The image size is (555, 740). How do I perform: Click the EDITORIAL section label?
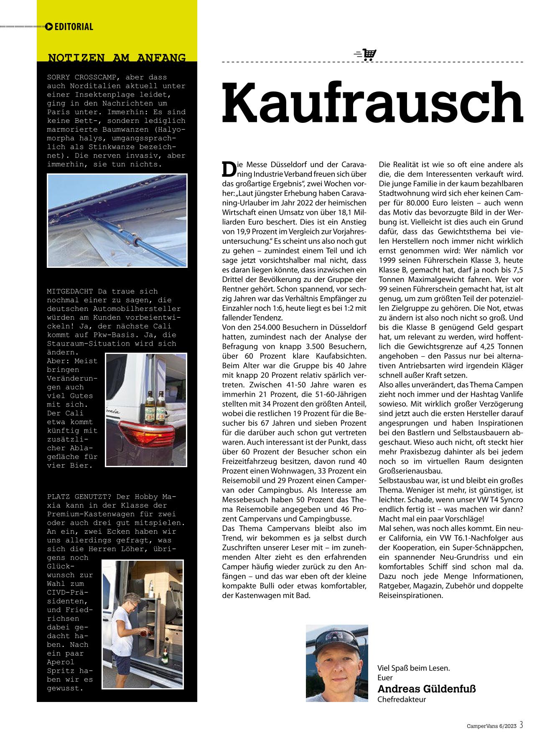tap(74, 27)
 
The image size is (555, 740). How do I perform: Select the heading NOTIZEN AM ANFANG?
tap(117, 57)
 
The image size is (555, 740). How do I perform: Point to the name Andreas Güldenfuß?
tap(426, 689)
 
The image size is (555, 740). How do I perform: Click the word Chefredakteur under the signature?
tap(401, 699)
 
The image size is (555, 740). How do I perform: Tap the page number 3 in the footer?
tap(522, 725)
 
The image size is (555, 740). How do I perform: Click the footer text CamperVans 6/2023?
tap(491, 726)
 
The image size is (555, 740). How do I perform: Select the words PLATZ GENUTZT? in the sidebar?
tap(79, 497)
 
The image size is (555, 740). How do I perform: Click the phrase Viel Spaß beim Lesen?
tap(413, 668)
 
